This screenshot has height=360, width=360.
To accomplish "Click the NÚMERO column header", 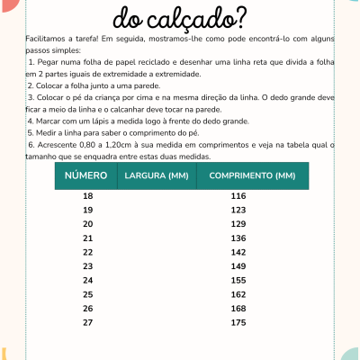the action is [x=86, y=175].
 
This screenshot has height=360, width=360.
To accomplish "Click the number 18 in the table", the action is [x=87, y=195].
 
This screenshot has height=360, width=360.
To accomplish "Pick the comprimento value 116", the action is [x=238, y=195].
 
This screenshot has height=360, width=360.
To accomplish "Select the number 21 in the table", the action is [x=87, y=238].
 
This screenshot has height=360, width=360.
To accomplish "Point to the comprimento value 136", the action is [x=238, y=238].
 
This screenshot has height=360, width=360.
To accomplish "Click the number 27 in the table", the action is [x=87, y=322].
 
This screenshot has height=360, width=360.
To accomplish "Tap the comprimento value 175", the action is [x=238, y=322].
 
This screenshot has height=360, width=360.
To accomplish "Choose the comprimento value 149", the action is [x=238, y=266].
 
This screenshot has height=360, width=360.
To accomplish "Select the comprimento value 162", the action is [x=238, y=294].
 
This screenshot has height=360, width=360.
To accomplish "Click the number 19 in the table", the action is [x=87, y=210].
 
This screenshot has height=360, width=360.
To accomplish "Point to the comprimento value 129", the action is [x=238, y=223].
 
